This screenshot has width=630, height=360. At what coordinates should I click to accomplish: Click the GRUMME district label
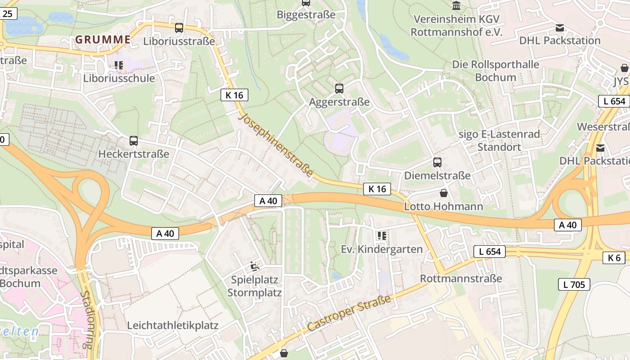(x=103, y=40)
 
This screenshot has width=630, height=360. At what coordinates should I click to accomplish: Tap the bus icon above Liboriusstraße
(x=179, y=28)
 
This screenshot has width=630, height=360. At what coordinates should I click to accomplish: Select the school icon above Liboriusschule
(x=119, y=65)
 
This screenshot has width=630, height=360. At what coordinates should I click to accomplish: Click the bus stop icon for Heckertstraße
(x=134, y=141)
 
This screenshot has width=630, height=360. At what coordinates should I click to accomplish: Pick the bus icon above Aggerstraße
(x=339, y=89)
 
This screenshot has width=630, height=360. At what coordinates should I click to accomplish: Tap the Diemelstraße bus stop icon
(x=437, y=162)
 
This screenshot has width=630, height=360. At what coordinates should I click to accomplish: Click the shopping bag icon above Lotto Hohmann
(x=444, y=193)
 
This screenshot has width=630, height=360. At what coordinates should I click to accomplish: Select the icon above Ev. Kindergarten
(x=382, y=235)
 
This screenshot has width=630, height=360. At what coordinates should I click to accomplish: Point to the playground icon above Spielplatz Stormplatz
(x=255, y=266)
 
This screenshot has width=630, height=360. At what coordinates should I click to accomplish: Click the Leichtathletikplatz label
(x=173, y=325)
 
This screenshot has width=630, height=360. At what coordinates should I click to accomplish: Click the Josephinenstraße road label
(x=277, y=145)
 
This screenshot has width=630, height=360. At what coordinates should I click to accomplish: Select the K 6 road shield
(x=614, y=258)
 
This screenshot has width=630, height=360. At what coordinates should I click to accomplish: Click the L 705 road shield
(x=574, y=284)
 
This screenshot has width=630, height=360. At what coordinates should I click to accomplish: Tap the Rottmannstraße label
(x=461, y=279)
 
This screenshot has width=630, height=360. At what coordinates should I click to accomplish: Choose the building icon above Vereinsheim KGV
(x=456, y=6)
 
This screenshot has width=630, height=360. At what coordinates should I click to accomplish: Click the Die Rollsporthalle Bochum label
(x=495, y=71)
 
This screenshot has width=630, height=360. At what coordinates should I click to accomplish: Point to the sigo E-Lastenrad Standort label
(x=499, y=140)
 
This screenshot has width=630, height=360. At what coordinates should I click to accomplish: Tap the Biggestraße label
(x=306, y=15)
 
